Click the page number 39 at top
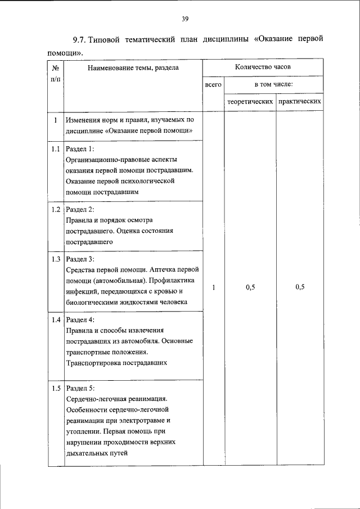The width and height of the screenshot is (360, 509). point(184,19)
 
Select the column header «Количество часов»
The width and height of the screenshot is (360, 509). point(263,67)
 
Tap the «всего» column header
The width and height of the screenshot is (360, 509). point(214,84)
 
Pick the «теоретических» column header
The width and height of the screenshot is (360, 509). point(250,102)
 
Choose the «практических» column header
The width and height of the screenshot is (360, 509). point(300,102)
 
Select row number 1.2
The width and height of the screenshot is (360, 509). point(55,209)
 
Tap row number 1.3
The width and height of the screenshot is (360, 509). point(55,259)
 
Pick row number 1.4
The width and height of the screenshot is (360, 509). point(55,319)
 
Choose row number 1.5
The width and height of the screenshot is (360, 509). point(55,389)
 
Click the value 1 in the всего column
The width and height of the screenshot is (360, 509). point(214,287)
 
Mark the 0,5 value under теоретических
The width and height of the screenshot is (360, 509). point(250,287)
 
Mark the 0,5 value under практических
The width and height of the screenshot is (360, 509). point(300,287)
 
